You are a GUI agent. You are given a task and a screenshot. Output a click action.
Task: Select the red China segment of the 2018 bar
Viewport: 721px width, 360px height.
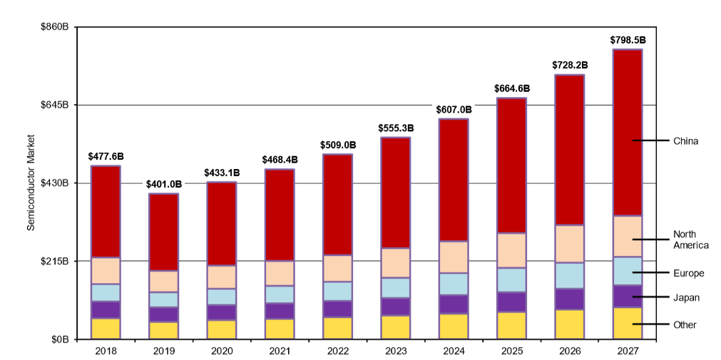(x=106, y=212)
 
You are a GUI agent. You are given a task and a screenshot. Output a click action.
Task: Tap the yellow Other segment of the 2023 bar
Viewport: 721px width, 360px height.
(x=396, y=327)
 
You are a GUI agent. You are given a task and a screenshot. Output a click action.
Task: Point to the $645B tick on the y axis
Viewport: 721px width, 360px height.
(x=54, y=105)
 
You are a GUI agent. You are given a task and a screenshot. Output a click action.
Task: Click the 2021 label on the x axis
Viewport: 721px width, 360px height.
(x=280, y=351)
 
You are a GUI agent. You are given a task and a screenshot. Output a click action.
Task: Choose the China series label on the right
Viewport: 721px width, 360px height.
(x=685, y=141)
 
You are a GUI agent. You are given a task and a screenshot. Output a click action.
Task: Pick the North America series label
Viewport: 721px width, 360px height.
(x=690, y=240)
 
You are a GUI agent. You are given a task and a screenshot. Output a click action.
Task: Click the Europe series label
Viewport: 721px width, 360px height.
(x=688, y=273)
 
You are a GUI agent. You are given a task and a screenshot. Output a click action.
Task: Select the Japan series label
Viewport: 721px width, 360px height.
(x=686, y=297)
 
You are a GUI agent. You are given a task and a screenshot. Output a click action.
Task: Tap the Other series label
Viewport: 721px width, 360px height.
(x=685, y=325)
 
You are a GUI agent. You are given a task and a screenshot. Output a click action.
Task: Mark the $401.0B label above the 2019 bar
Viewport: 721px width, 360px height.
(x=163, y=184)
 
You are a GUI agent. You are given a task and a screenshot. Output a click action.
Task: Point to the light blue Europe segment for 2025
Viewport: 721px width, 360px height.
(x=511, y=280)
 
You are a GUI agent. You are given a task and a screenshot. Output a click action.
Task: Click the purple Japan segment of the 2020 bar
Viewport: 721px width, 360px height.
(x=222, y=312)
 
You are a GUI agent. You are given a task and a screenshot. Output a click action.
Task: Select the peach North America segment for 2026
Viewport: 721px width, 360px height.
(x=569, y=244)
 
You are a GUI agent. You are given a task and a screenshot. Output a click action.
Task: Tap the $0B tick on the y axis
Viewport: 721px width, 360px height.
(x=59, y=339)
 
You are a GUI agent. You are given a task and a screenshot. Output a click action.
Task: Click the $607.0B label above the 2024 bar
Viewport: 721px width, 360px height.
(x=454, y=110)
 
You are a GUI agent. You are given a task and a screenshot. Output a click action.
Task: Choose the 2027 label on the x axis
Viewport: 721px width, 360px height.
(x=628, y=351)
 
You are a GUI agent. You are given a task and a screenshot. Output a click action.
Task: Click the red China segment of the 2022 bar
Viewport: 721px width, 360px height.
(x=337, y=205)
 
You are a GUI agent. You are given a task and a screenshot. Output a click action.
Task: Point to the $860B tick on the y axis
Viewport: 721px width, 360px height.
(x=54, y=27)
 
